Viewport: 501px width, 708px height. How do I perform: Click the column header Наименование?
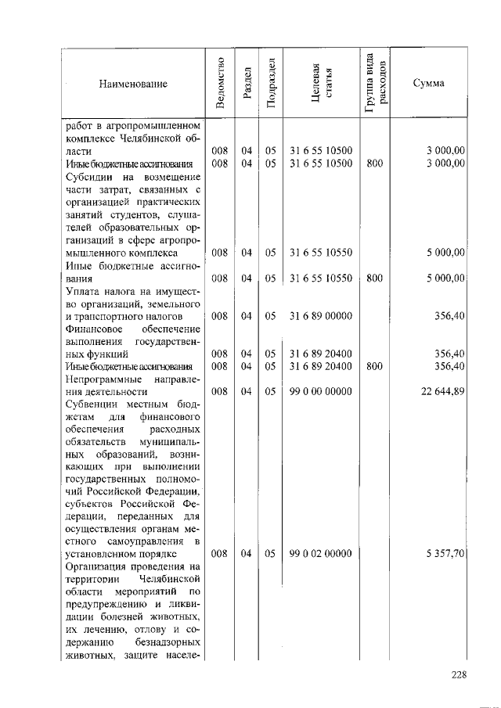tap(133, 83)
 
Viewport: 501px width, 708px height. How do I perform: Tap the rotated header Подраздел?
tap(270, 82)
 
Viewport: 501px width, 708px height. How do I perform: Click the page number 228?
tap(460, 676)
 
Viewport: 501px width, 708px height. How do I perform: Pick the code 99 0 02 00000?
tap(321, 553)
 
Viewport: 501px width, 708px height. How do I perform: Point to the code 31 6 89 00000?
tap(321, 316)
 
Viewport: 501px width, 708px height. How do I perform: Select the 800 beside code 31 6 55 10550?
tap(374, 278)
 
